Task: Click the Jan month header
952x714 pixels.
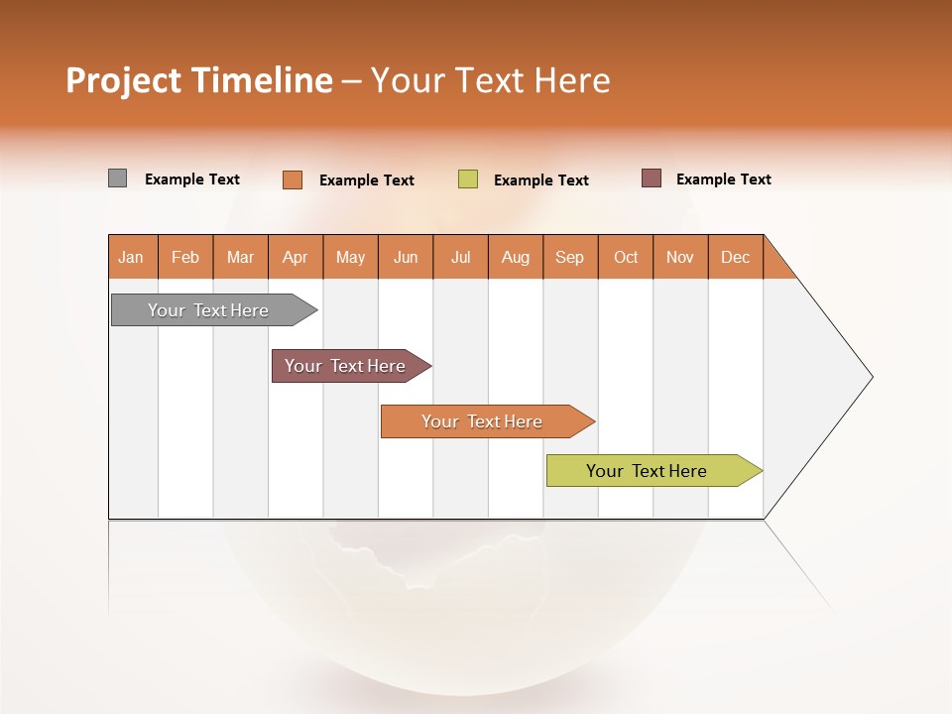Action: point(132,257)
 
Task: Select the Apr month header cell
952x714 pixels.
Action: point(296,257)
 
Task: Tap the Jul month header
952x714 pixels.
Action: point(461,257)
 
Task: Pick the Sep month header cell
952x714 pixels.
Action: point(570,257)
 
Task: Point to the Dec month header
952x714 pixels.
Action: point(736,257)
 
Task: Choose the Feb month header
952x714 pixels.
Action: point(185,257)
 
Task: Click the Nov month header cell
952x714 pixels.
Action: point(680,257)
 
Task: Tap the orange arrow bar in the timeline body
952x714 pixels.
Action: point(484,421)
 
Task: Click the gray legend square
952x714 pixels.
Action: point(118,178)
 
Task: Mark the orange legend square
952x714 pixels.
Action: point(293,179)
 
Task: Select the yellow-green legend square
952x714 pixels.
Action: point(468,179)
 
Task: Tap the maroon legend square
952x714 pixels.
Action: point(652,178)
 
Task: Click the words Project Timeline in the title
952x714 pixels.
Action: point(198,80)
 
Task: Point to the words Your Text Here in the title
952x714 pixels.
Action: point(491,80)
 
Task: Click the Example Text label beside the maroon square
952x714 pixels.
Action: point(723,179)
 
